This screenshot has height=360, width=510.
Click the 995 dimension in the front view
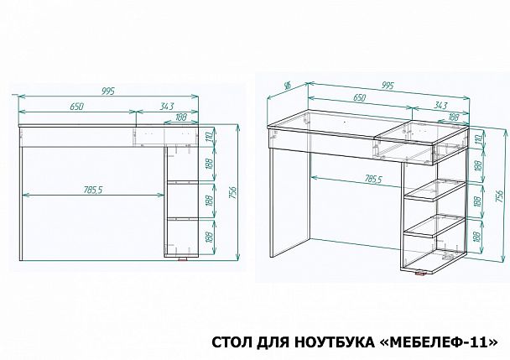pos(107,90)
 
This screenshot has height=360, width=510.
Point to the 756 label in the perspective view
pos(499,197)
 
